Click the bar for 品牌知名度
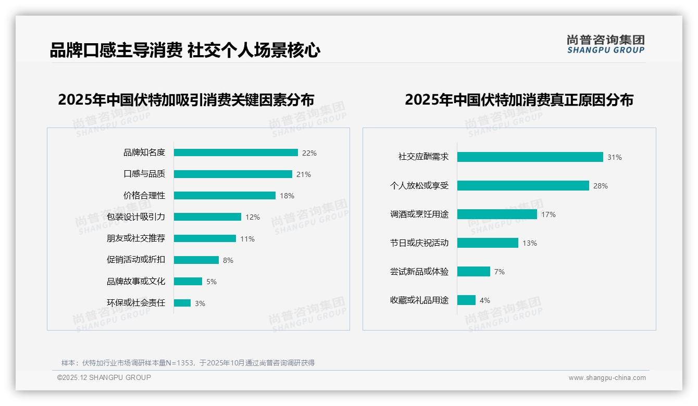coord(235,153)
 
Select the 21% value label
coord(304,174)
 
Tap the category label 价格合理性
coord(144,196)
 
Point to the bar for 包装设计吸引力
coord(207,217)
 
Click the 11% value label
coord(247,239)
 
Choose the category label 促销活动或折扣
coord(136,260)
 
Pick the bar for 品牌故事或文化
coord(188,282)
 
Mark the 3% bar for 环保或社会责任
coord(182,303)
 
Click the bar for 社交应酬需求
coord(530,157)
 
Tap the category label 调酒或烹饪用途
coord(419,214)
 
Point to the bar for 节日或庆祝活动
coord(488,243)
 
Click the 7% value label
coord(500,272)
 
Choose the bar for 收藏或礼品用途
coord(466,300)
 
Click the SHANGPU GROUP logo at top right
coord(606,44)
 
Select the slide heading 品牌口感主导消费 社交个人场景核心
coord(185,50)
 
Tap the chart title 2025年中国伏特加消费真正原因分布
coord(519,99)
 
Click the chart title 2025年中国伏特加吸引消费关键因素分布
coord(186,99)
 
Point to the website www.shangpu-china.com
coord(607,378)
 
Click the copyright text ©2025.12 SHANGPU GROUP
coord(104,377)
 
